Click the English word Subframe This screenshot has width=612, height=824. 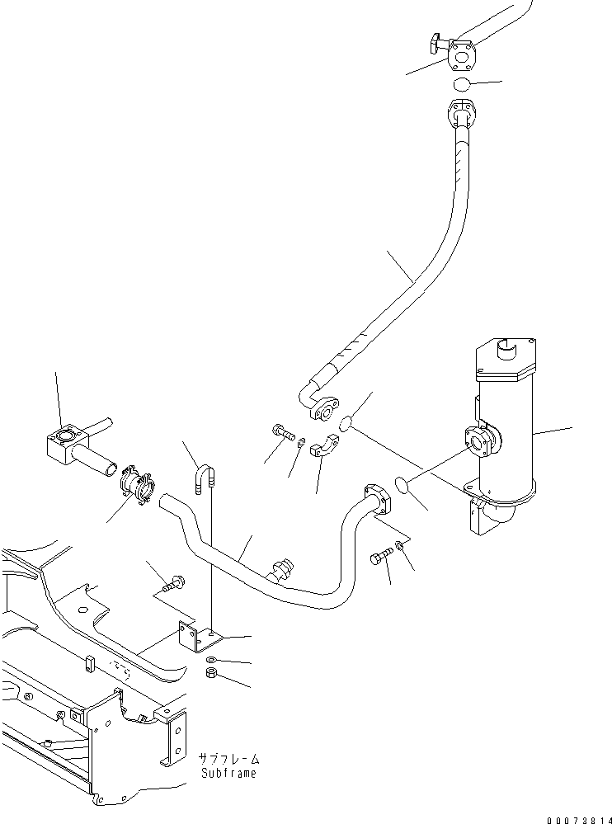(228, 773)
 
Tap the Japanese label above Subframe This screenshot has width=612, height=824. (228, 758)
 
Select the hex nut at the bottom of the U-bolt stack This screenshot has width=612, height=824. (210, 674)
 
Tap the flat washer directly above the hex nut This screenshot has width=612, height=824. (212, 659)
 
